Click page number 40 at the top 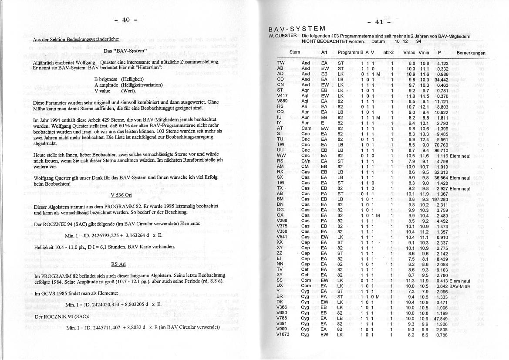(125, 19)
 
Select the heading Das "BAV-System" (125, 51)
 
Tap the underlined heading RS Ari (118, 264)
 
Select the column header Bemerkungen (471, 53)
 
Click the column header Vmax (409, 53)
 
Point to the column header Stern (295, 52)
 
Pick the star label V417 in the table (282, 96)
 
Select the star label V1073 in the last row (283, 335)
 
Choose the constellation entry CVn (306, 161)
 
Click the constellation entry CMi (306, 166)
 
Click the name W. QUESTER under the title (283, 36)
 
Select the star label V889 (282, 101)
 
